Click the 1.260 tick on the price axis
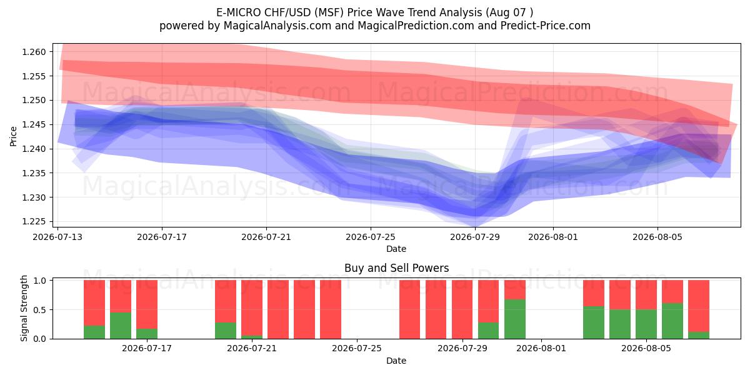point(34,52)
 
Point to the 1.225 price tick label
point(34,222)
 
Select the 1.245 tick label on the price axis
point(34,124)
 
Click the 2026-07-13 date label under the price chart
point(57,237)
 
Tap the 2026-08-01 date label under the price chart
point(552,237)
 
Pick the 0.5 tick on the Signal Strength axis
point(40,310)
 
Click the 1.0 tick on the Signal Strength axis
point(40,280)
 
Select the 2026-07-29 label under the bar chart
point(462,349)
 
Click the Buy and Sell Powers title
point(396,268)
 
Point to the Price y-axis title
point(13,136)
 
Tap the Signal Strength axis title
point(24,308)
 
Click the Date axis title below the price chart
point(396,249)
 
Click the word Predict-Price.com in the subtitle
point(546,26)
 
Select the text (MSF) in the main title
point(329,12)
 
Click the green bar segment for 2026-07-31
point(515,319)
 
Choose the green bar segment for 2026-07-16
point(121,326)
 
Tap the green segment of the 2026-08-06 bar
point(672,321)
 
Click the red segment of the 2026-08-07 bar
point(699,306)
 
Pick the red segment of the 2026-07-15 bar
point(94,302)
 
